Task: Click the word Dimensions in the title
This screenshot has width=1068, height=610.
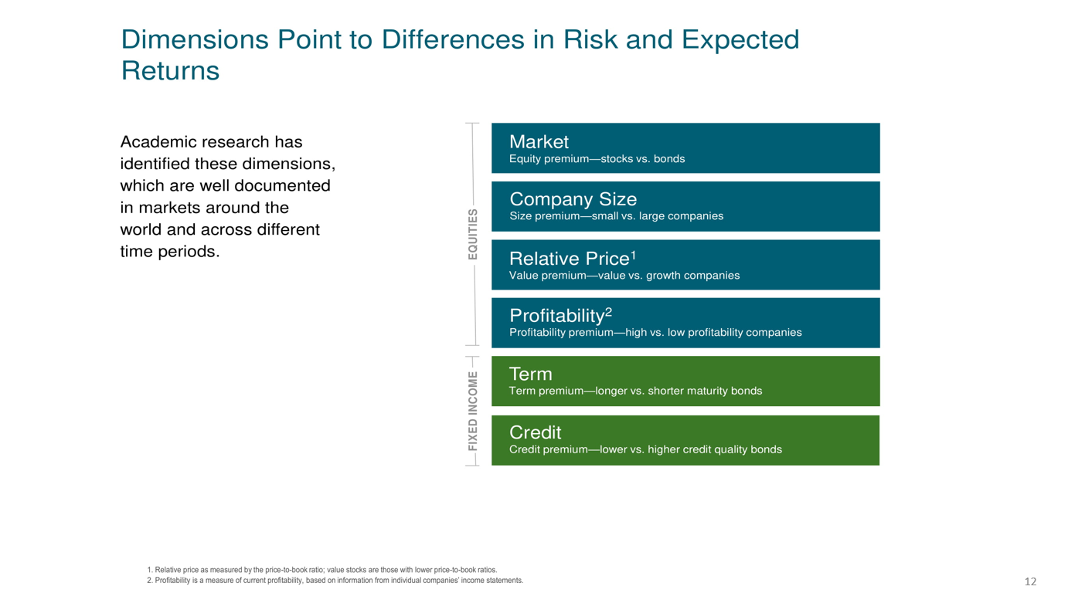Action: (195, 39)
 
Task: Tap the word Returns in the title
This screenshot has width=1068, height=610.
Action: (170, 70)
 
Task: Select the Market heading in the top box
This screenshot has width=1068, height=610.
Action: (539, 141)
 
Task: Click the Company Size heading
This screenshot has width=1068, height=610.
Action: (573, 198)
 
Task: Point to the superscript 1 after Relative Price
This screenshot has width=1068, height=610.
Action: (633, 256)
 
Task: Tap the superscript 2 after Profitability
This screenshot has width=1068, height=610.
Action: (608, 313)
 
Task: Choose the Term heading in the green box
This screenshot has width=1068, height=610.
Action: (531, 374)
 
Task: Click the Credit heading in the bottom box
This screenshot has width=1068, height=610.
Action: (535, 432)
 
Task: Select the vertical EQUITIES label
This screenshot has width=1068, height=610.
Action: (472, 234)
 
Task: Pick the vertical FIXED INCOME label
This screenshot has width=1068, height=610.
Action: (472, 411)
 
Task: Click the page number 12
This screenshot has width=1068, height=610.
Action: (1030, 581)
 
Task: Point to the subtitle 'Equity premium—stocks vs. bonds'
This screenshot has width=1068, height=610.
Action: (597, 159)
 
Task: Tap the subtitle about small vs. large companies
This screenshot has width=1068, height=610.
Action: (617, 216)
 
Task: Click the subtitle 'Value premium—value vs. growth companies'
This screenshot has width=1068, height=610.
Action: (624, 276)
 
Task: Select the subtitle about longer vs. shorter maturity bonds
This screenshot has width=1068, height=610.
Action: (635, 391)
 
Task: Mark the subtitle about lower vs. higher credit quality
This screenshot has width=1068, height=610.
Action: (645, 449)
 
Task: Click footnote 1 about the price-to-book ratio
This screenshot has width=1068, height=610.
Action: (321, 570)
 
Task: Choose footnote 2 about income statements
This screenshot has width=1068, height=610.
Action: (335, 581)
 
